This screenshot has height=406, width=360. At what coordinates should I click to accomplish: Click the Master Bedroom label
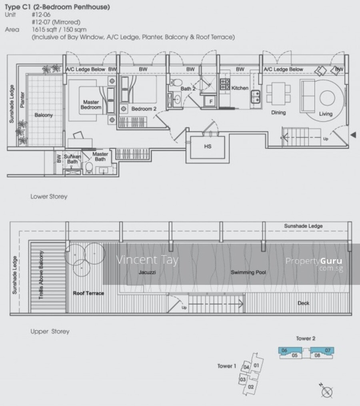pyautogui.click(x=91, y=105)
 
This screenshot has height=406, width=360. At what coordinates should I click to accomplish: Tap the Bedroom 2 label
pyautogui.click(x=144, y=109)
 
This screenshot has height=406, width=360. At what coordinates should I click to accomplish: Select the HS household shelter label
pyautogui.click(x=208, y=146)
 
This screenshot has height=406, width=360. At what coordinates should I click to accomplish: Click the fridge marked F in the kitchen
pyautogui.click(x=210, y=101)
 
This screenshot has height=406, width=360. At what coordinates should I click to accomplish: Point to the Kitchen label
pyautogui.click(x=240, y=88)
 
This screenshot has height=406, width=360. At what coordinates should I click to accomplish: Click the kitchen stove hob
pyautogui.click(x=225, y=84)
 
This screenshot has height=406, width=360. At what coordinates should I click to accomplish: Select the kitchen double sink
pyautogui.click(x=256, y=96)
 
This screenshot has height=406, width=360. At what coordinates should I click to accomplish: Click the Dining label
pyautogui.click(x=278, y=112)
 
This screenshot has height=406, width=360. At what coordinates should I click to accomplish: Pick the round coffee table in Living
pyautogui.click(x=327, y=98)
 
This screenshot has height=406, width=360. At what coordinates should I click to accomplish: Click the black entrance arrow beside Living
pyautogui.click(x=353, y=135)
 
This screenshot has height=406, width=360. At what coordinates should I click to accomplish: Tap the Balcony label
pyautogui.click(x=44, y=115)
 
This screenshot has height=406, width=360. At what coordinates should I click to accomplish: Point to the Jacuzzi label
pyautogui.click(x=147, y=272)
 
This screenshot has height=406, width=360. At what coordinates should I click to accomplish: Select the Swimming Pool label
pyautogui.click(x=248, y=272)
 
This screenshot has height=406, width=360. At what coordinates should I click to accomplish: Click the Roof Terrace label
pyautogui.click(x=88, y=293)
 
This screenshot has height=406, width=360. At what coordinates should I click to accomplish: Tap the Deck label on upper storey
pyautogui.click(x=303, y=303)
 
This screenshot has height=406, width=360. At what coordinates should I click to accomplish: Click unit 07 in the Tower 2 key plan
pyautogui.click(x=328, y=350)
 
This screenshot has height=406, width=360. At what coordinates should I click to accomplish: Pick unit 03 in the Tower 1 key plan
pyautogui.click(x=242, y=380)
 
